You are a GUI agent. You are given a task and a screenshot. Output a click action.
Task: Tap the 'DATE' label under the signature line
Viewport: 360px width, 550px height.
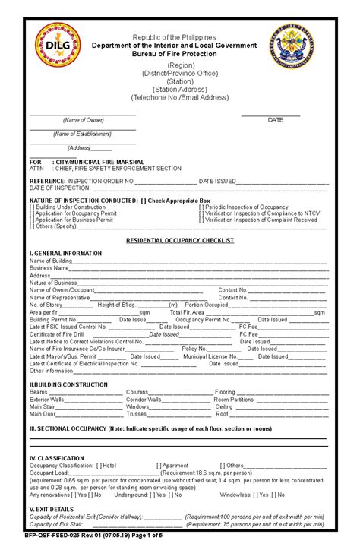(x=275, y=120)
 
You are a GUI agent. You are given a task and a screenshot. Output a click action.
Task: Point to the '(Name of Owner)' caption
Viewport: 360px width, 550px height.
(x=83, y=120)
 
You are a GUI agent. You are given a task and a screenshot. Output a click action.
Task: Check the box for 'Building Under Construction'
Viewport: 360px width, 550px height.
(x=32, y=207)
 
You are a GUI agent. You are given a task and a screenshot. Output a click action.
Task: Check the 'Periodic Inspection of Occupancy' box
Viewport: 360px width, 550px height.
(x=202, y=207)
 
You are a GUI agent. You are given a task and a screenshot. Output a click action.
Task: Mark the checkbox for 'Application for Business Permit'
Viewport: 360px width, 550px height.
(x=32, y=220)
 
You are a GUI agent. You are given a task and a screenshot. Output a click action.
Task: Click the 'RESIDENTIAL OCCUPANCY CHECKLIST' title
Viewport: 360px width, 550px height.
(x=179, y=240)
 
